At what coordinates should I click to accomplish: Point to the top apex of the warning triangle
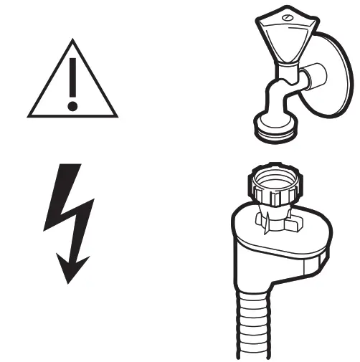click(x=72, y=42)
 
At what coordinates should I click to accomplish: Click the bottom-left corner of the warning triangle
click(x=29, y=115)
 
